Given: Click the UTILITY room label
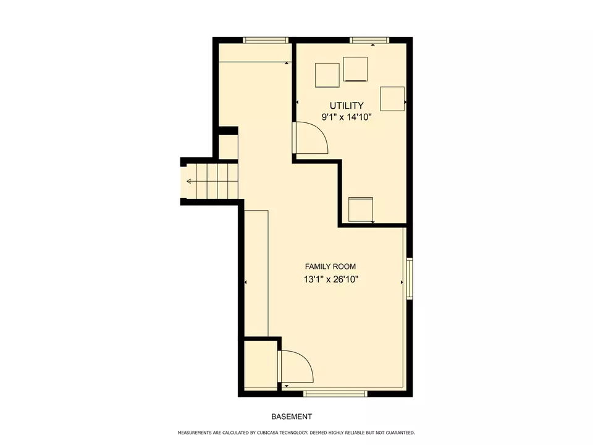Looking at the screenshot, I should (346, 106).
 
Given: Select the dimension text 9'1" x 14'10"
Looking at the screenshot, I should (346, 117).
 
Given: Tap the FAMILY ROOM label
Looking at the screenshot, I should (330, 266).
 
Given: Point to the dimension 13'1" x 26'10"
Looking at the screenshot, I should (330, 279).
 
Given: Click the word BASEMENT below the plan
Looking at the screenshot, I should (291, 417).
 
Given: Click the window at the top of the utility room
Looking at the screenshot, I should (369, 40).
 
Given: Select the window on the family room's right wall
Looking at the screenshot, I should (409, 279).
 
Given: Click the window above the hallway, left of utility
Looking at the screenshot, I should (266, 40).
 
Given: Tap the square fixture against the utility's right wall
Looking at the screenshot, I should (392, 99).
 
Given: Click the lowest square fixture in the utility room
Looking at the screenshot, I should (361, 210).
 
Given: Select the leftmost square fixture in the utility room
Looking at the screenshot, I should (327, 75).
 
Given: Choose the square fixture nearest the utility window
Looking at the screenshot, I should (355, 69).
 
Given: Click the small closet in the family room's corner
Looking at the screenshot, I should (260, 365).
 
